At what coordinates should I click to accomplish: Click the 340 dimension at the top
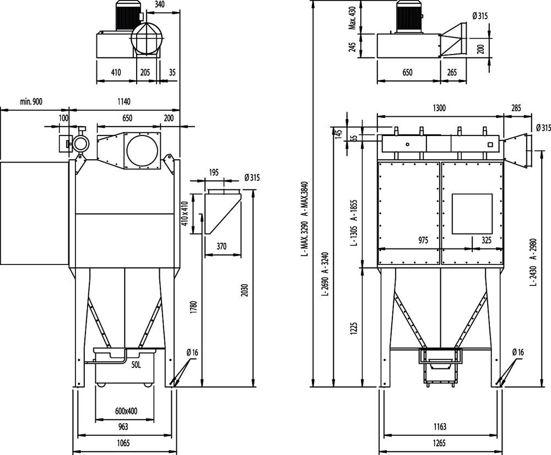160,4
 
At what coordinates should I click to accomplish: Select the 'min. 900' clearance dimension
31,102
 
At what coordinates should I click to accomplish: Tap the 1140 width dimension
123,102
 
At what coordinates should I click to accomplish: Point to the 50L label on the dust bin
136,365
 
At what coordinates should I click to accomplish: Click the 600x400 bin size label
126,411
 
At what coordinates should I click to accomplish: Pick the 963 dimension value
123,427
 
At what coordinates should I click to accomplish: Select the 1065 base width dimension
123,443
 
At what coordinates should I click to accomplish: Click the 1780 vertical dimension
194,307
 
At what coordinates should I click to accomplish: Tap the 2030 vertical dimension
245,290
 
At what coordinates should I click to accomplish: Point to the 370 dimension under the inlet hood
222,246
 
